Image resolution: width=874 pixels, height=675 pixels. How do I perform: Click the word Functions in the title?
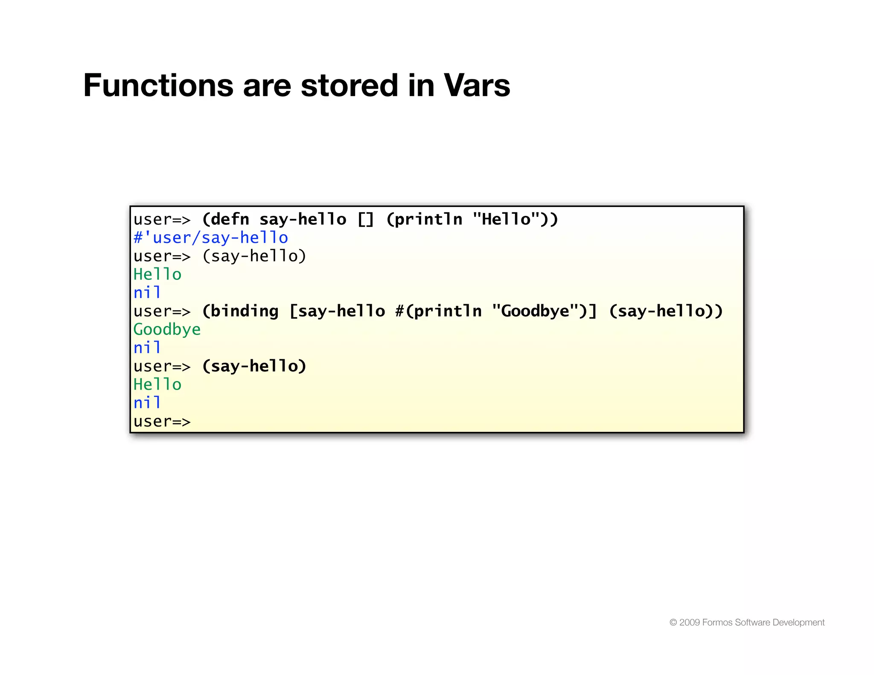(158, 85)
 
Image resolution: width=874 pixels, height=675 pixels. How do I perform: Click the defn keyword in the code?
(230, 219)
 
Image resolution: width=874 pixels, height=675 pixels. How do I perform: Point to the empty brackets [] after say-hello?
(365, 219)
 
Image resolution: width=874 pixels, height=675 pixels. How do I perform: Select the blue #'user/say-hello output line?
(211, 238)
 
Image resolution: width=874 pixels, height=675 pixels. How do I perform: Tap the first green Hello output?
(157, 274)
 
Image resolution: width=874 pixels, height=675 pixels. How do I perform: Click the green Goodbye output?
(167, 329)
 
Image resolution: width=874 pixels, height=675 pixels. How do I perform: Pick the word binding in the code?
(244, 311)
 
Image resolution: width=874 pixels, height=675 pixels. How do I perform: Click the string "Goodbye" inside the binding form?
(535, 311)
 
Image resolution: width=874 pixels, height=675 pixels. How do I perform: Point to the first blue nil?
(147, 293)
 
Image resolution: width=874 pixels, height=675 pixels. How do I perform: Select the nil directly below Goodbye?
(147, 348)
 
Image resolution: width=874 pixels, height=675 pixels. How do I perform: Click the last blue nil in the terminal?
(147, 403)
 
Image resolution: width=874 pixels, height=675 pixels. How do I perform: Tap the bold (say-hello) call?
(254, 366)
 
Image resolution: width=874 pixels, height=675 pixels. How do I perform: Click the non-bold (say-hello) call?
(254, 256)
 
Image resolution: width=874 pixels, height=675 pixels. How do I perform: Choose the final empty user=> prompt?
(162, 422)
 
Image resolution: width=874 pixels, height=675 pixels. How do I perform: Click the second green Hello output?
(157, 384)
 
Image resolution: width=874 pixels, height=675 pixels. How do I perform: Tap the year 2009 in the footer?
(689, 623)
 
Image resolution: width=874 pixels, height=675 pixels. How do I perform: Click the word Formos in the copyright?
(717, 623)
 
